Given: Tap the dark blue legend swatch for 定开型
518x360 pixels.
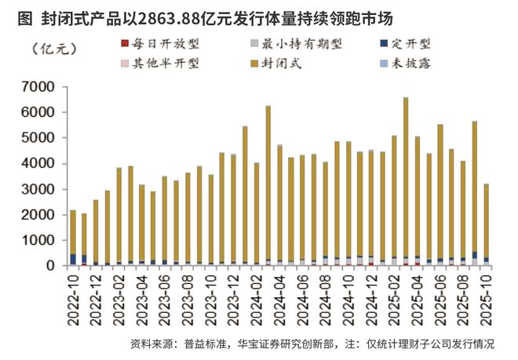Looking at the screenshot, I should coord(383,45).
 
